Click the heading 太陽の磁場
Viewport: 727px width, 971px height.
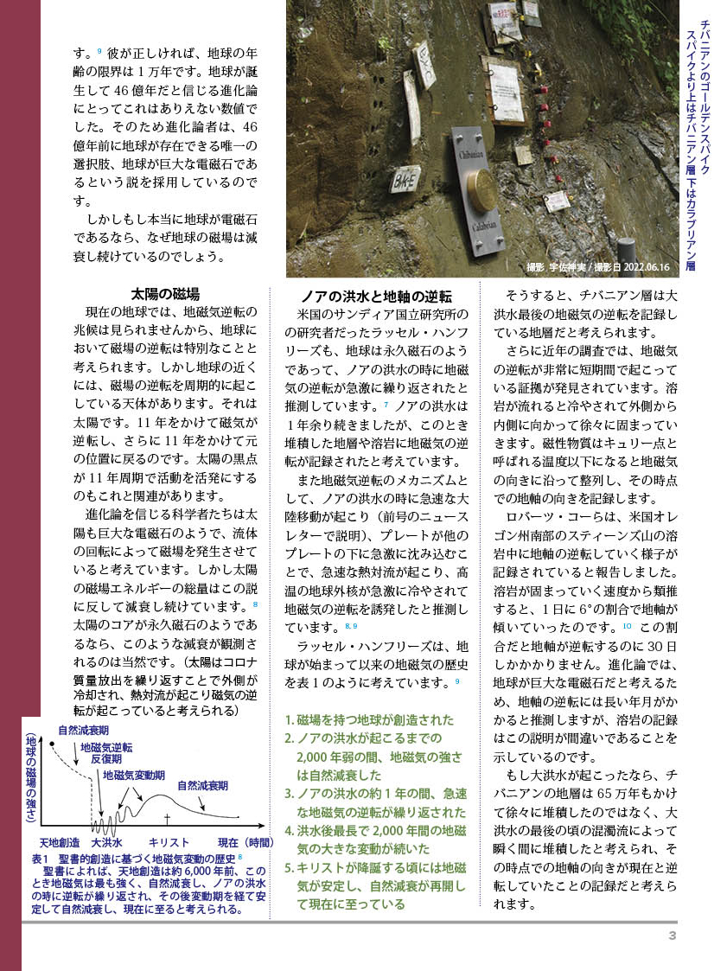pyautogui.click(x=165, y=293)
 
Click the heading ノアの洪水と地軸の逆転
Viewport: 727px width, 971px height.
pyautogui.click(x=375, y=295)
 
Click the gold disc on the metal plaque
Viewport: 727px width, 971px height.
pyautogui.click(x=482, y=189)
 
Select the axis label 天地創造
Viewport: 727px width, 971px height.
pyautogui.click(x=60, y=842)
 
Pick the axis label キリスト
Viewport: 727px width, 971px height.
pyautogui.click(x=169, y=842)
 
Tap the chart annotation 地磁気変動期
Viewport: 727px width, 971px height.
pyautogui.click(x=134, y=775)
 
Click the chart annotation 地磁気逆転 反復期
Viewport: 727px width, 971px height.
pyautogui.click(x=106, y=751)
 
